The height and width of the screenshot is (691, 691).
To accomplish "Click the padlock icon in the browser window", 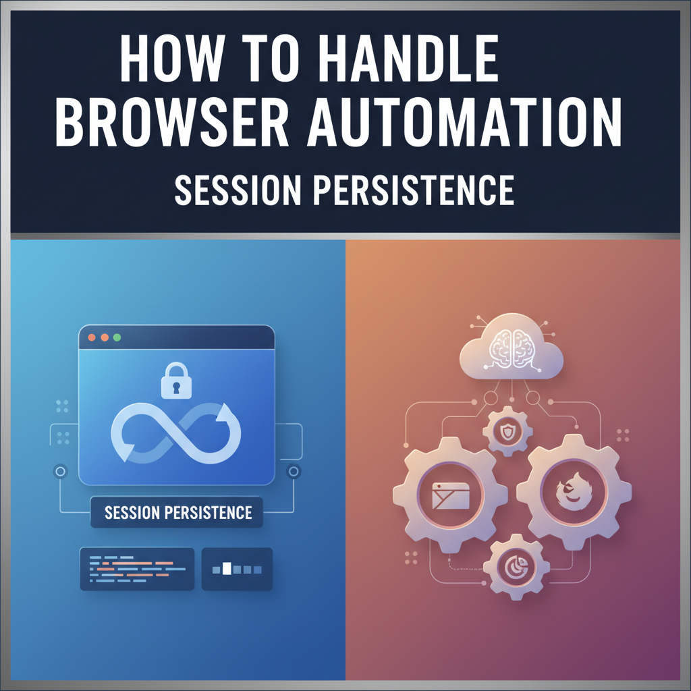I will pyautogui.click(x=176, y=383).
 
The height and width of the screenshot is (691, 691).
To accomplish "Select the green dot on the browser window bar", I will pyautogui.click(x=117, y=337).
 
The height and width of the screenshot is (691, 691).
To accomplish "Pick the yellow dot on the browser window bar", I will pyautogui.click(x=104, y=337).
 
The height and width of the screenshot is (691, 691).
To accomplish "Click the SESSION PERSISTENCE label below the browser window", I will pyautogui.click(x=178, y=512).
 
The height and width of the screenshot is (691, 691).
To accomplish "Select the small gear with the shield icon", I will pyautogui.click(x=505, y=431).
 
